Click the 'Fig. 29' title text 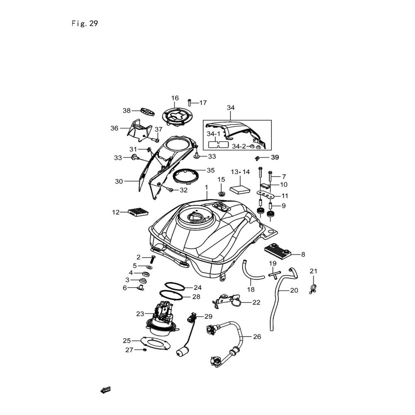(x=85, y=24)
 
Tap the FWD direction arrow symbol (x=105, y=389)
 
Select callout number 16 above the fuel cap (x=175, y=98)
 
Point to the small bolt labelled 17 (x=190, y=102)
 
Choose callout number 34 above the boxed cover (x=231, y=108)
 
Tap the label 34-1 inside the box (x=215, y=134)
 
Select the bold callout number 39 (x=275, y=157)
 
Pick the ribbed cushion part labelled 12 (x=138, y=212)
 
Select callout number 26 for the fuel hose (x=257, y=337)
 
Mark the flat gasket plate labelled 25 (x=156, y=343)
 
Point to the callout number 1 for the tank (x=206, y=188)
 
